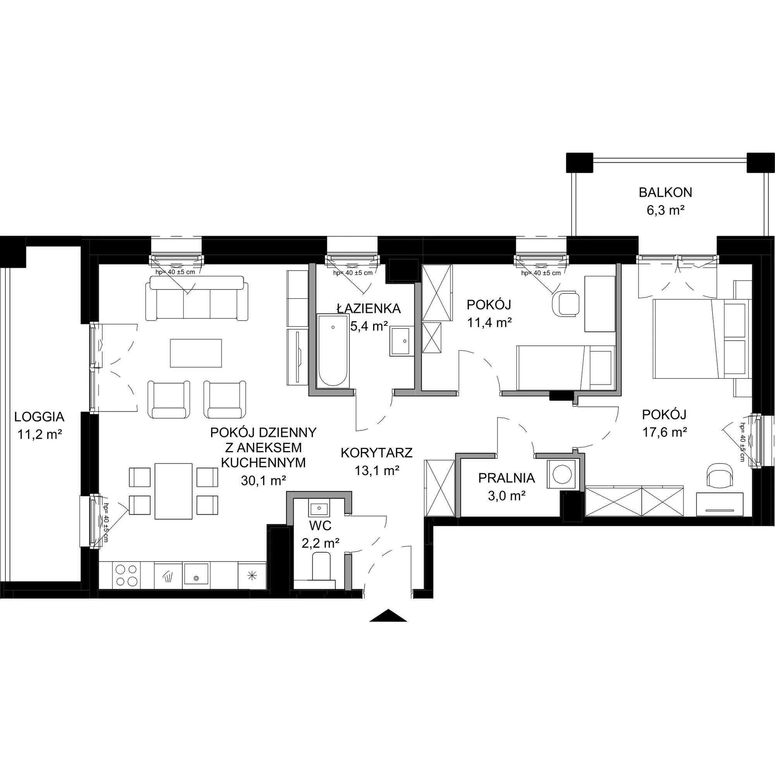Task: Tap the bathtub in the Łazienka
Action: pos(333,351)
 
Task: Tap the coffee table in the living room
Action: pos(196,353)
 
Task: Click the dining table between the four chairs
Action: pos(173,491)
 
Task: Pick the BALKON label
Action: pos(665,193)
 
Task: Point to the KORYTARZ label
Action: pos(377,453)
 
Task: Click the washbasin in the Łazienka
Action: pos(400,341)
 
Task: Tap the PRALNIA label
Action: pos(506,478)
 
